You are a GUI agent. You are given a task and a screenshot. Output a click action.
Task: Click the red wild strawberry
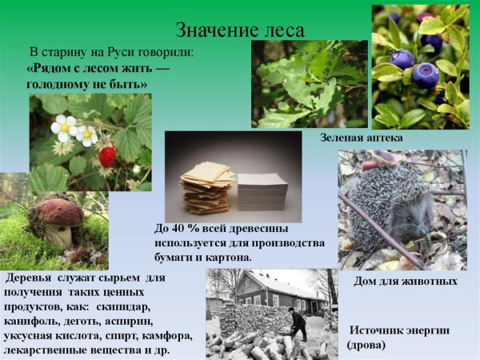click(106, 155)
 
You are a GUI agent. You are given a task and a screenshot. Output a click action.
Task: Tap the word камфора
click(167, 335)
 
